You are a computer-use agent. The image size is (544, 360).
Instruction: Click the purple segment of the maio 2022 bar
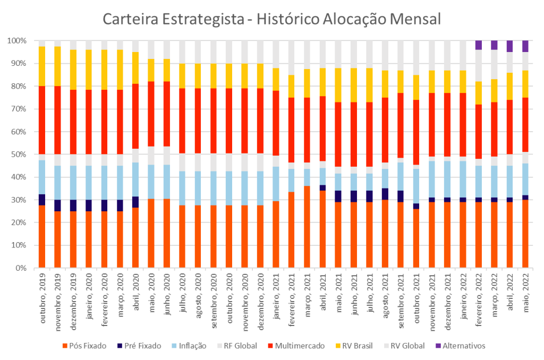[x=525, y=46]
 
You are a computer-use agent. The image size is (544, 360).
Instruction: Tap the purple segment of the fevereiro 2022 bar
[x=479, y=45]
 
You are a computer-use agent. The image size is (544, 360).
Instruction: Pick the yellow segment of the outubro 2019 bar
[x=42, y=66]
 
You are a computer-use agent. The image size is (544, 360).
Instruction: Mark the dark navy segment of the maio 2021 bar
[x=338, y=196]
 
